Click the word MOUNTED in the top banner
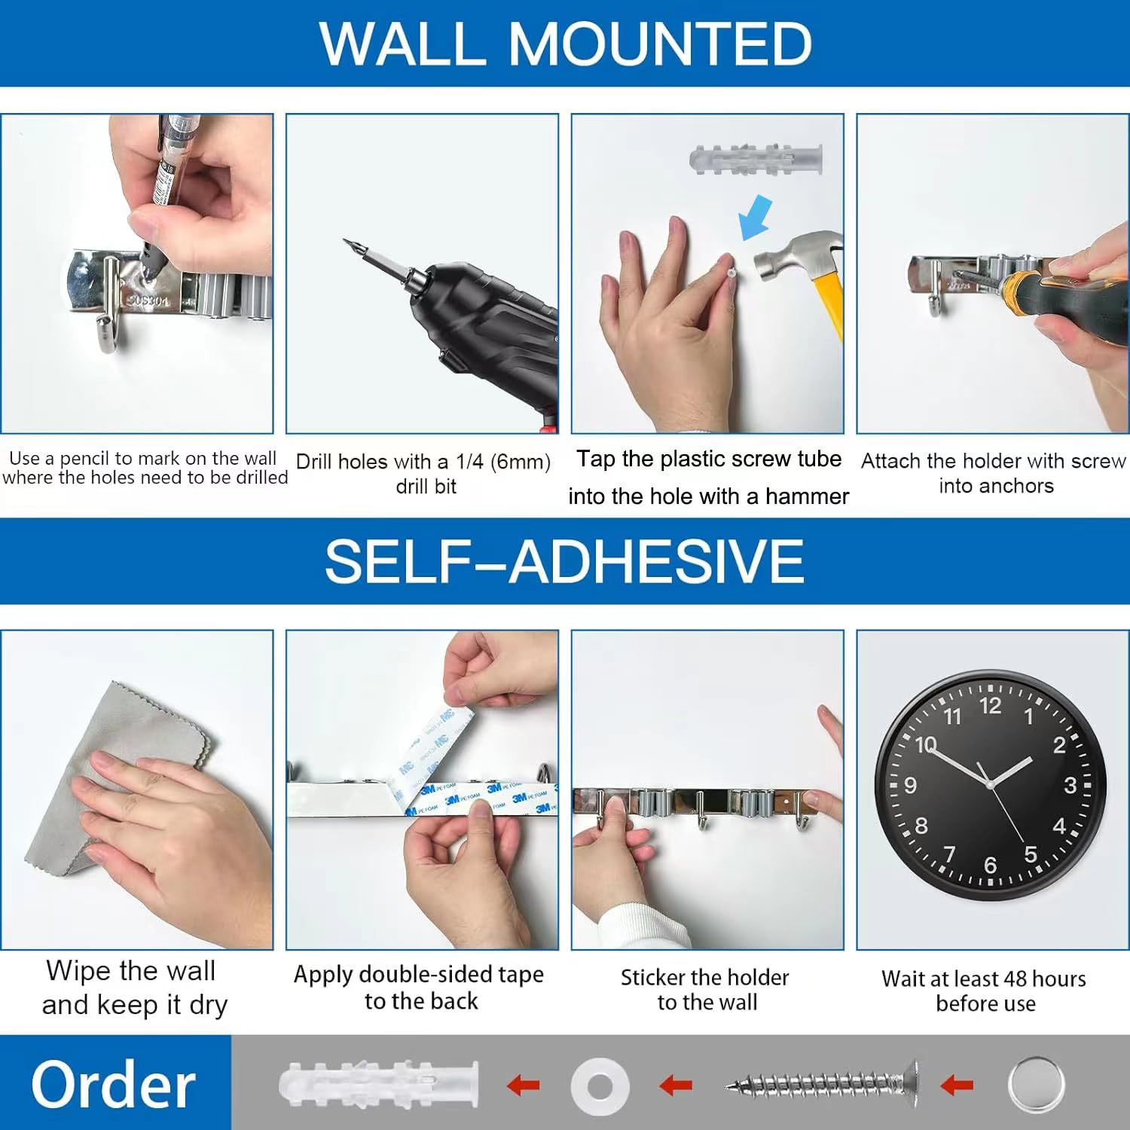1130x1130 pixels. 661,44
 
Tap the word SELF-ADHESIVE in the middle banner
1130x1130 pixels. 564,560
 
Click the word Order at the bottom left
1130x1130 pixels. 114,1085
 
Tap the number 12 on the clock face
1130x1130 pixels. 990,706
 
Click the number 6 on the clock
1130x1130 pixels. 990,866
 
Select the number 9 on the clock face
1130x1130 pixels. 910,786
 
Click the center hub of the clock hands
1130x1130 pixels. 990,785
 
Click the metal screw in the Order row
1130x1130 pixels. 822,1086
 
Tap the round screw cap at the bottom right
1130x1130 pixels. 1037,1086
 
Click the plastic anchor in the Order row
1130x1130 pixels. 379,1086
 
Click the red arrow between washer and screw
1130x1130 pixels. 676,1086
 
